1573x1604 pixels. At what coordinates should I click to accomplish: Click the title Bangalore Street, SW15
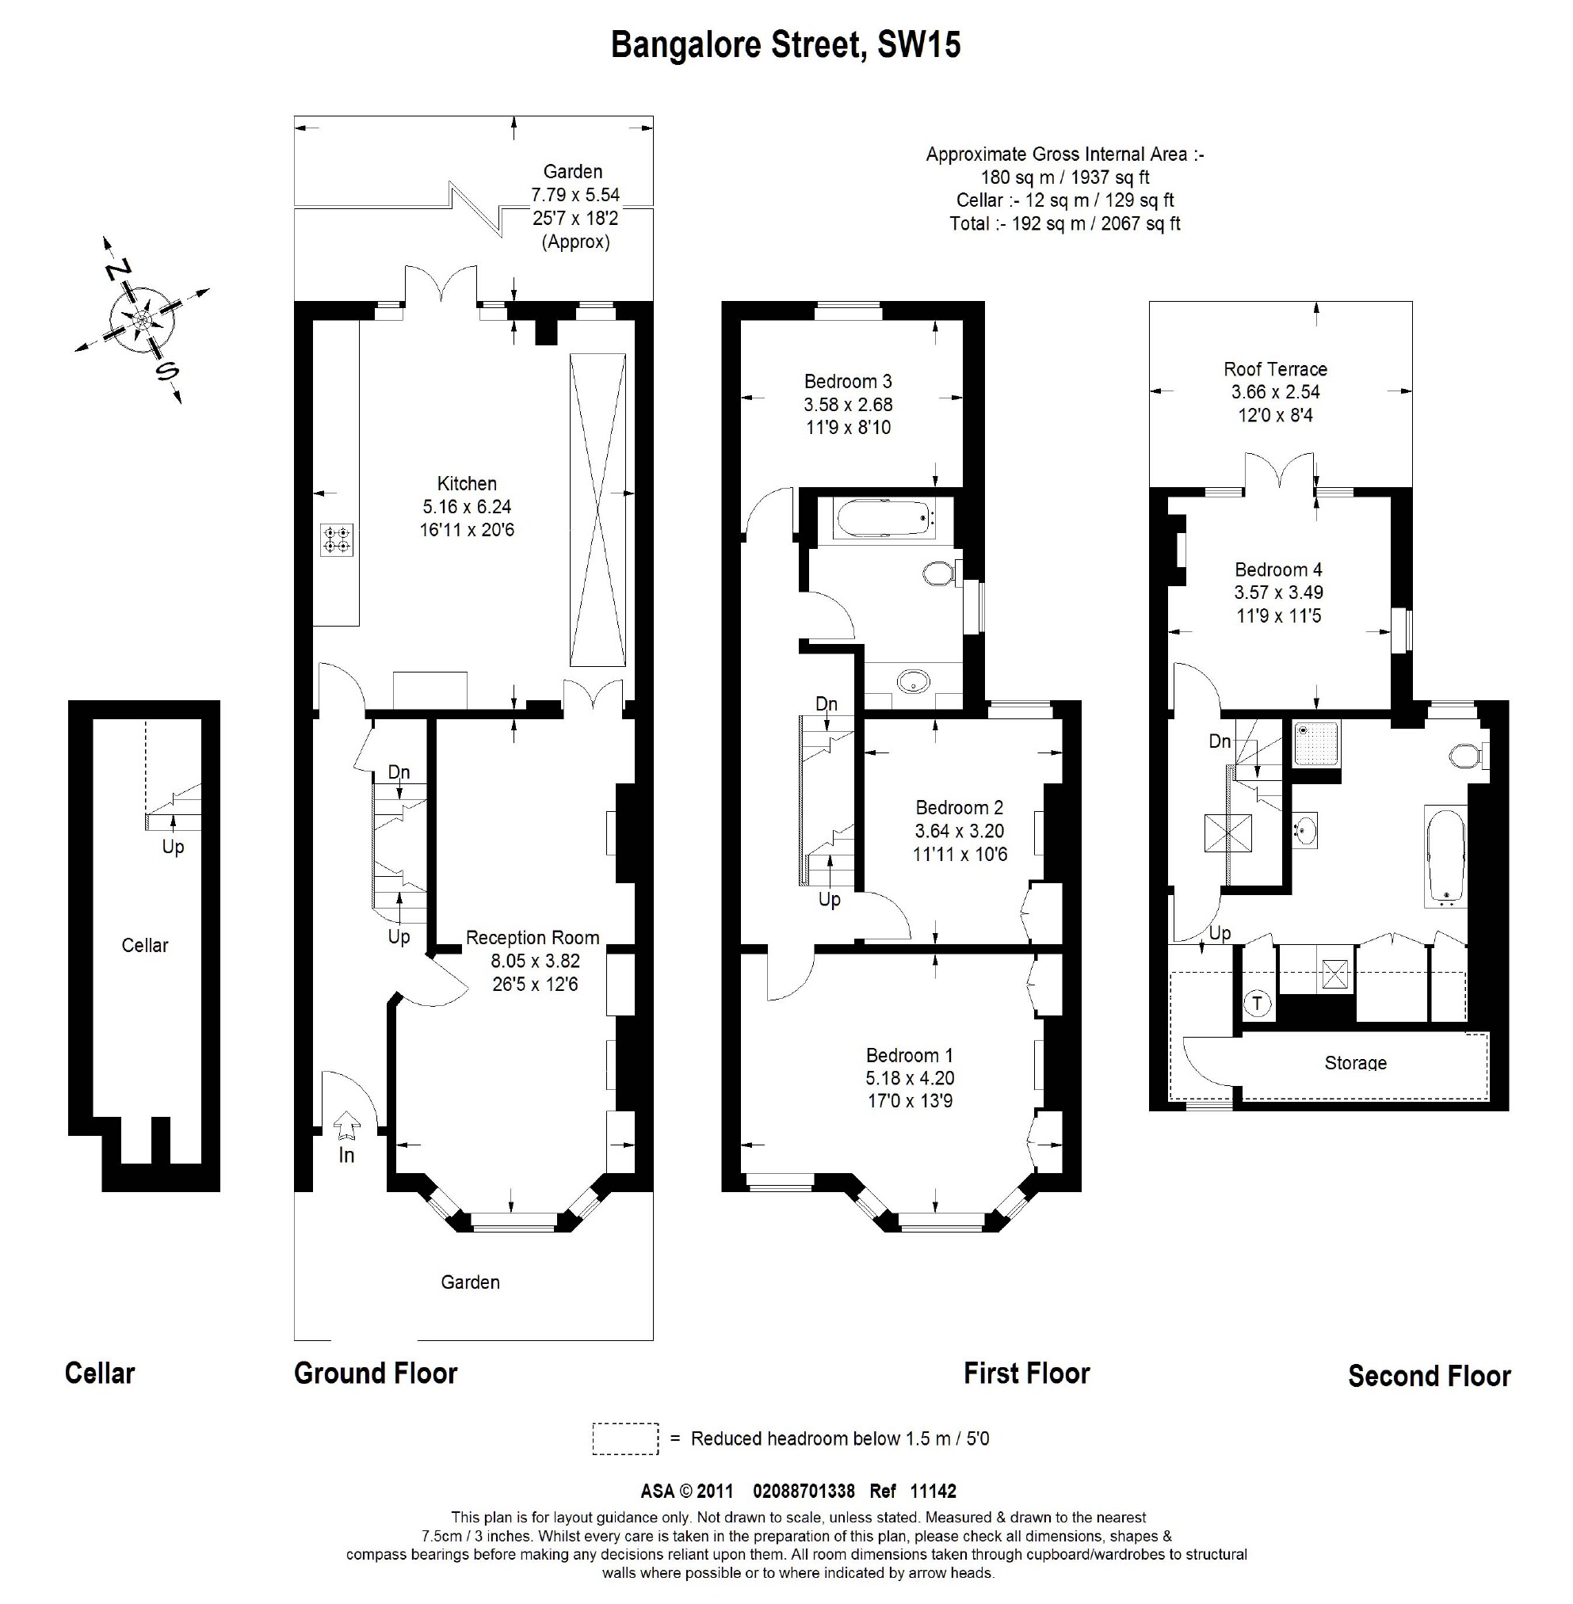[785, 45]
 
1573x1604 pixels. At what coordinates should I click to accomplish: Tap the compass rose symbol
[142, 320]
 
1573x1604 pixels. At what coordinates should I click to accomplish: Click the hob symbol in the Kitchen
[337, 539]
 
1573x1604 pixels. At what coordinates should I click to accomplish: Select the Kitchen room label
[467, 484]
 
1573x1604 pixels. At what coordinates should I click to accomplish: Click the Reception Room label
[532, 939]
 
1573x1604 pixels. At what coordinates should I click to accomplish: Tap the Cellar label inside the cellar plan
[144, 946]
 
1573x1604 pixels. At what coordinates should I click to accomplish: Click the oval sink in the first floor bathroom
[914, 682]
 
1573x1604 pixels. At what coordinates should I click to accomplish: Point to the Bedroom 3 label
[848, 382]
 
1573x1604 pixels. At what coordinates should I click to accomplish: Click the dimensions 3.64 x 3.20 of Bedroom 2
[959, 831]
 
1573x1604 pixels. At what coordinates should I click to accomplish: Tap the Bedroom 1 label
[909, 1056]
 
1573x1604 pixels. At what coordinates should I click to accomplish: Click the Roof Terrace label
[1275, 369]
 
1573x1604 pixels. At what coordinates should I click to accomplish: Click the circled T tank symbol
[1258, 1004]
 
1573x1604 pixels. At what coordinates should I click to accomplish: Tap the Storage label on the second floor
[1355, 1064]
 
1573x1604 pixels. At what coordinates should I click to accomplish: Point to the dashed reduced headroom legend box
[625, 1438]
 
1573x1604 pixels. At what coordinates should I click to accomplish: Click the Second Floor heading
[1429, 1377]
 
